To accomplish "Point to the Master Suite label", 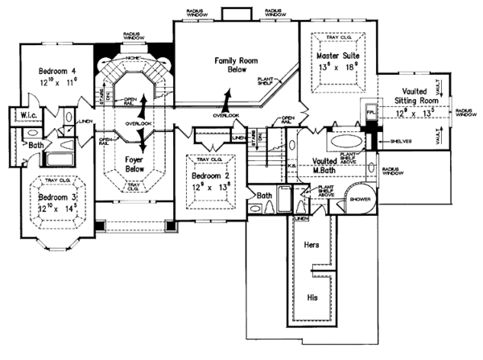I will (x=336, y=55).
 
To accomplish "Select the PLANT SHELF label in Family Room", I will (x=267, y=81).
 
